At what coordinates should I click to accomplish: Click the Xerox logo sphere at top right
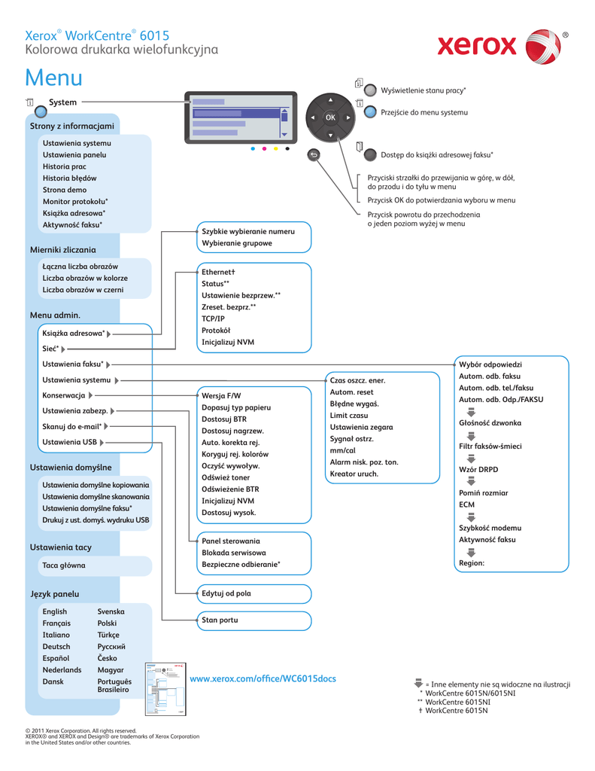pos(542,47)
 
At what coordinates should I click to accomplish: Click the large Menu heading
pos(53,78)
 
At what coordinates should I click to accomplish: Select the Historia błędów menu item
pos(69,178)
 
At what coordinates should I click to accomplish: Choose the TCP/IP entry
pos(213,318)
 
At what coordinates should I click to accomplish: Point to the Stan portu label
pos(220,620)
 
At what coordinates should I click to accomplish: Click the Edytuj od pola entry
pos(226,593)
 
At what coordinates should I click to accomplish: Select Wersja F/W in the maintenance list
pos(221,395)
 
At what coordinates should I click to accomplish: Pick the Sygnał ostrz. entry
pos(351,438)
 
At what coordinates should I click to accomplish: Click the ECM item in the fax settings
pos(467,504)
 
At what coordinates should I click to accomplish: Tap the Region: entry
pos(472,562)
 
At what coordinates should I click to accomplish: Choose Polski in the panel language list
pos(107,623)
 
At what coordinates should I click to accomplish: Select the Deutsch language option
pos(56,647)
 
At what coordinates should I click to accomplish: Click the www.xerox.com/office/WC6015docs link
pos(263,679)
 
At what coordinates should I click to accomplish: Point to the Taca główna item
pos(64,565)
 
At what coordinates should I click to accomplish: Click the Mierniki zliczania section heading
pos(62,249)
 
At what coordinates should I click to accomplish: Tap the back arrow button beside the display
pos(314,155)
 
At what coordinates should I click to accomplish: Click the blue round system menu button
pos(370,112)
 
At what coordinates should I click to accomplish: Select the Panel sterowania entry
pos(230,541)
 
